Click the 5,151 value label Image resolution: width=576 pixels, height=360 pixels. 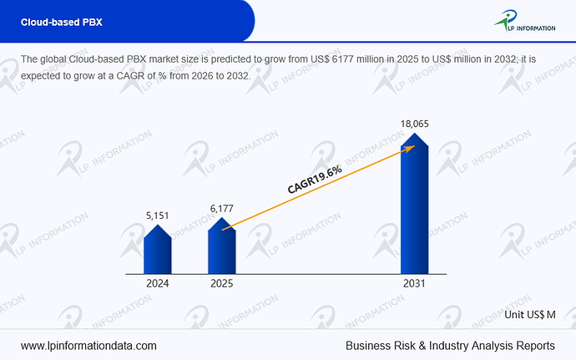click(x=157, y=215)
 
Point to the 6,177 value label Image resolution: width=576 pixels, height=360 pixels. click(x=221, y=209)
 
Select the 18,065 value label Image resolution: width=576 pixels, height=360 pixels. click(x=414, y=124)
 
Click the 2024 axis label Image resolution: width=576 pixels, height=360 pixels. click(x=158, y=283)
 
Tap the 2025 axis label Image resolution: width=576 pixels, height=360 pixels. click(x=222, y=283)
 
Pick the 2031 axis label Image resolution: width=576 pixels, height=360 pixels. click(x=414, y=283)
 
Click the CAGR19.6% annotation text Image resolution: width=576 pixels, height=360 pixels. click(x=315, y=179)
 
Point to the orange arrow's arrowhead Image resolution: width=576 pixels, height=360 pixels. click(x=411, y=148)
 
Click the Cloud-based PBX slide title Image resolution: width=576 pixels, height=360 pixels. click(x=61, y=22)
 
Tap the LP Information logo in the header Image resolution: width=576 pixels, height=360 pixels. click(x=524, y=21)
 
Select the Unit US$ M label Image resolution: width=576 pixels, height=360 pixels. click(x=530, y=315)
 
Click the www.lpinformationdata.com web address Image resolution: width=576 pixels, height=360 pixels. click(x=88, y=346)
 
